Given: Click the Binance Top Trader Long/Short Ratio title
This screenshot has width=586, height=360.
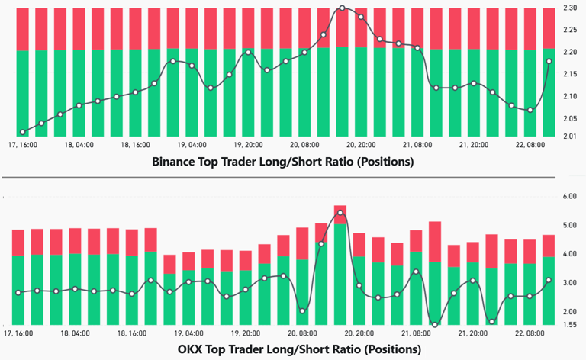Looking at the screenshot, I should tap(282, 162).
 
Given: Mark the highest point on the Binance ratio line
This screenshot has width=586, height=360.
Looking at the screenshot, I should tap(342, 8).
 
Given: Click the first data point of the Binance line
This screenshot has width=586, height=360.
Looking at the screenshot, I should tap(22, 132).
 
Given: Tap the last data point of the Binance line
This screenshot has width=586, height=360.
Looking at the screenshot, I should tap(549, 61).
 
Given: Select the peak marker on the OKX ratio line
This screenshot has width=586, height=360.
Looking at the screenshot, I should tap(340, 212).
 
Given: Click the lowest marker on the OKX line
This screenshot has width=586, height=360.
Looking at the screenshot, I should tap(435, 326).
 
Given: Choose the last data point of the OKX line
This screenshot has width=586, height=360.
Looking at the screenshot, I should tap(549, 280).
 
